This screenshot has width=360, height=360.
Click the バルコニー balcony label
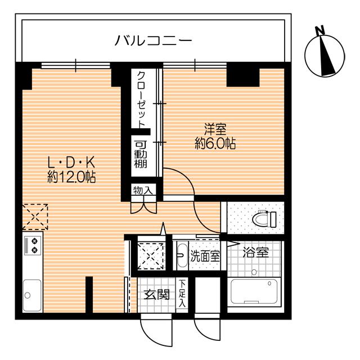pos(154,40)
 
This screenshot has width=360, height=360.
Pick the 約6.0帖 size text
pos(214,143)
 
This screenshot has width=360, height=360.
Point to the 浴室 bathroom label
pos(255,253)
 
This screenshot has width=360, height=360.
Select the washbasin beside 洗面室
pos(181,256)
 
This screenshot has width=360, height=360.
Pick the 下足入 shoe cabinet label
pos(182,293)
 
